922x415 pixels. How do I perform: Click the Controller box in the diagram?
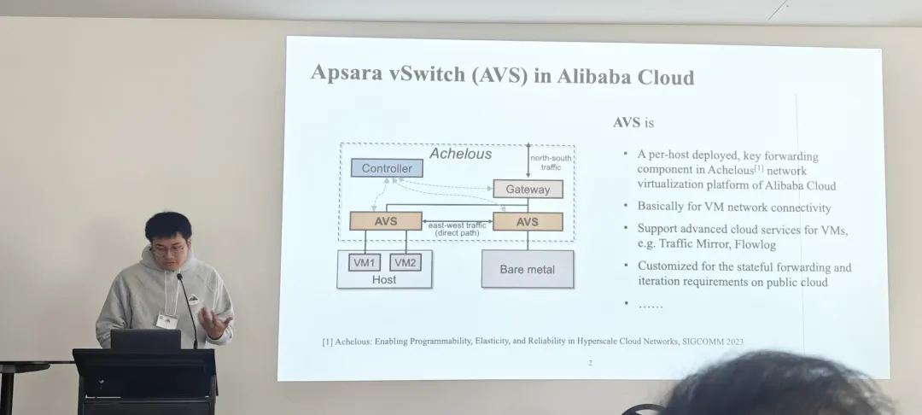[x=387, y=168]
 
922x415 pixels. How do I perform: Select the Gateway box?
[x=528, y=189]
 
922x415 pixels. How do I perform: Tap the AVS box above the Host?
[x=385, y=221]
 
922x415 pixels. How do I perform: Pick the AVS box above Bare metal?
[x=528, y=221]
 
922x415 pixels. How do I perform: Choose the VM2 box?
[x=406, y=262]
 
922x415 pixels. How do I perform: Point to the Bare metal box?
[x=527, y=269]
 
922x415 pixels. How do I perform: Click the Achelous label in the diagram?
[x=460, y=154]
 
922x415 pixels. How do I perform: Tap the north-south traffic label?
[x=551, y=162]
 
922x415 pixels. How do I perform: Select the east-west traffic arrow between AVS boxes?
[x=458, y=221]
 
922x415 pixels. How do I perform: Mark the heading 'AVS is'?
[x=633, y=122]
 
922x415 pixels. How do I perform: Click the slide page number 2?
[x=589, y=363]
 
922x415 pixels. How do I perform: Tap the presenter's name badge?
[x=166, y=321]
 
